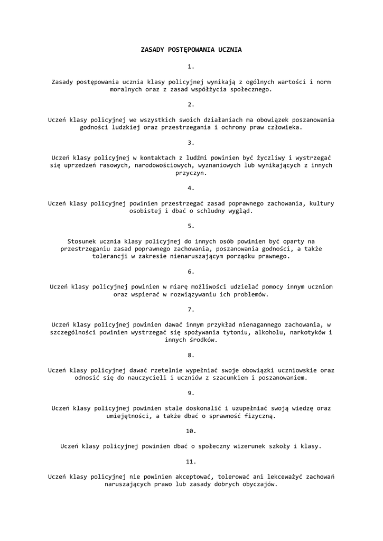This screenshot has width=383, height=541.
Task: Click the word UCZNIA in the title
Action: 227,50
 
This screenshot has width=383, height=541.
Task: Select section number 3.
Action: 191,142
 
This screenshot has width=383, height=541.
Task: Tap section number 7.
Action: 191,309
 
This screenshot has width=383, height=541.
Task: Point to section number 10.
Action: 191,431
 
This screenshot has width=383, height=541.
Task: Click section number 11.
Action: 191,461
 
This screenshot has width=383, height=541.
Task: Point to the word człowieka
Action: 283,127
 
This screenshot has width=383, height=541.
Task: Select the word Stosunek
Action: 82,241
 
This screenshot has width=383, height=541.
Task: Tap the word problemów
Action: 250,294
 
